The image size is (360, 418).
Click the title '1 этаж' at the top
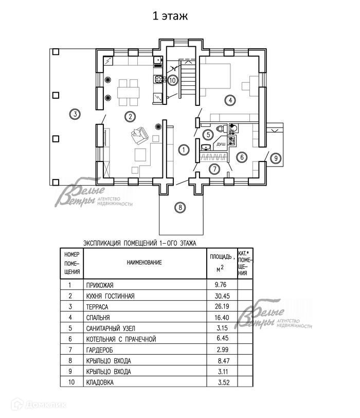point(169,16)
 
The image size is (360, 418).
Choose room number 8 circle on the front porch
point(179,208)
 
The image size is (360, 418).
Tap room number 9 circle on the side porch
point(275,158)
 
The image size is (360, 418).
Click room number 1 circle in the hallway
point(183,150)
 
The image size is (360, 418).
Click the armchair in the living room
point(138,135)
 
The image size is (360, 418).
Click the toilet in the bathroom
point(220,129)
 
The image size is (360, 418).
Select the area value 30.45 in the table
point(218,296)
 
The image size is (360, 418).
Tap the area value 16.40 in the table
point(218,318)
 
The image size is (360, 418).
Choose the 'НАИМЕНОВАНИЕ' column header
point(144,263)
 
